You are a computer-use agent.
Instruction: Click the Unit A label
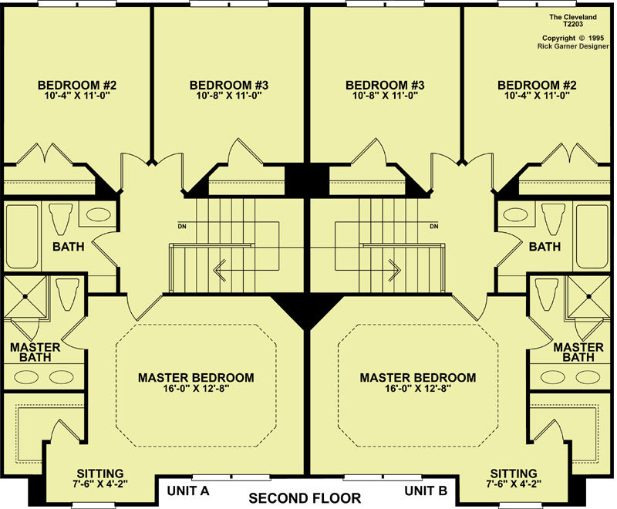(188, 491)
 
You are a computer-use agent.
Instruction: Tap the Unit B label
(426, 491)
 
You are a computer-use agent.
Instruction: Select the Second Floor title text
(305, 498)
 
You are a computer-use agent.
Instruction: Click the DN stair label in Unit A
(182, 227)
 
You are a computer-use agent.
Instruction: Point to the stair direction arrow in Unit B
(394, 270)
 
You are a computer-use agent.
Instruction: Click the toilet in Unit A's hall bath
(61, 218)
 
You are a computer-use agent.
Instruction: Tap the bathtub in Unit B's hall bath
(593, 236)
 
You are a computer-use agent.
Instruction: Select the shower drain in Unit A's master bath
(25, 296)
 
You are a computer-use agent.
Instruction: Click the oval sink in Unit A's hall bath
(99, 214)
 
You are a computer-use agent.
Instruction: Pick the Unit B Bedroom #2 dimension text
(537, 95)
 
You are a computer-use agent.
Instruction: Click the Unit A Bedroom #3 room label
(229, 85)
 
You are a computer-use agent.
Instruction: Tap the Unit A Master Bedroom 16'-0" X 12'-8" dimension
(196, 389)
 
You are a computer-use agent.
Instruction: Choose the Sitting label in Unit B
(514, 474)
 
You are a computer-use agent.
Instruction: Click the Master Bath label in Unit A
(35, 352)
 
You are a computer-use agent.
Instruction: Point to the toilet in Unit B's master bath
(547, 295)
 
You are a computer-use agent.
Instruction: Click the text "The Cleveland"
(573, 17)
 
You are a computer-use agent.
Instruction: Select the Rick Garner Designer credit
(573, 46)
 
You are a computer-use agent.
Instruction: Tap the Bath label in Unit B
(545, 247)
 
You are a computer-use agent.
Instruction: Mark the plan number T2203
(573, 24)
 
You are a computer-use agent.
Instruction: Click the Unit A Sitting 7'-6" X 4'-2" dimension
(100, 484)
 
